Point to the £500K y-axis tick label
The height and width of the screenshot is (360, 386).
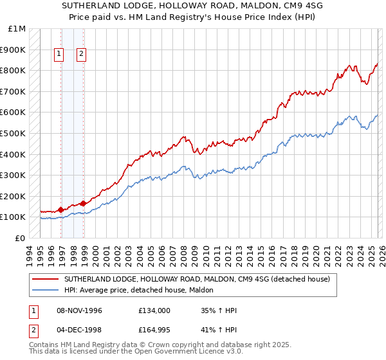pyautogui.click(x=13, y=134)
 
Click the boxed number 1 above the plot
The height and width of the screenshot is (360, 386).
pyautogui.click(x=59, y=55)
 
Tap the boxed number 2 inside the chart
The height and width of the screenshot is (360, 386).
pyautogui.click(x=82, y=55)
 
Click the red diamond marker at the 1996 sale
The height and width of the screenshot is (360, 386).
pyautogui.click(x=61, y=210)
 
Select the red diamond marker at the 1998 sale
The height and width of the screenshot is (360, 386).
pyautogui.click(x=84, y=203)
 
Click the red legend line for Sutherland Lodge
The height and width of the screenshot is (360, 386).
pyautogui.click(x=46, y=279)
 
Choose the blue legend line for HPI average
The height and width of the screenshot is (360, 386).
pyautogui.click(x=46, y=290)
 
